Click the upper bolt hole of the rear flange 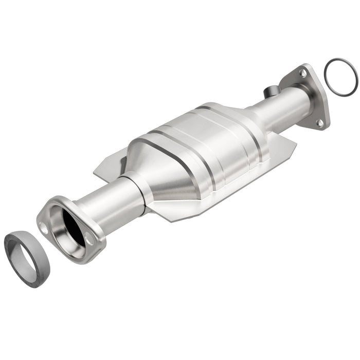303,74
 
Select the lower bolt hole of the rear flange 320,122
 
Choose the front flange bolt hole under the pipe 90,239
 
